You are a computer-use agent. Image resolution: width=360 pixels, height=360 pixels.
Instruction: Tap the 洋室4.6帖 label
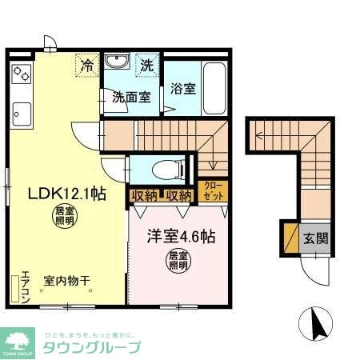[179, 237]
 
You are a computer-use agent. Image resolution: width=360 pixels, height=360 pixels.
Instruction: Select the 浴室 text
[183, 89]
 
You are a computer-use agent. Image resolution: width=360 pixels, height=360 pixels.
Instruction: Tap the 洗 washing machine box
[147, 64]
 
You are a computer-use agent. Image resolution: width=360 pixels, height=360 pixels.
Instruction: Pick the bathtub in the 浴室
[214, 87]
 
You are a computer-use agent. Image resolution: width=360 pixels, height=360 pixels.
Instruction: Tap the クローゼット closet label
[212, 193]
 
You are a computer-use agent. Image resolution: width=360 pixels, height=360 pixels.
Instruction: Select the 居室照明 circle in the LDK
[63, 215]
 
